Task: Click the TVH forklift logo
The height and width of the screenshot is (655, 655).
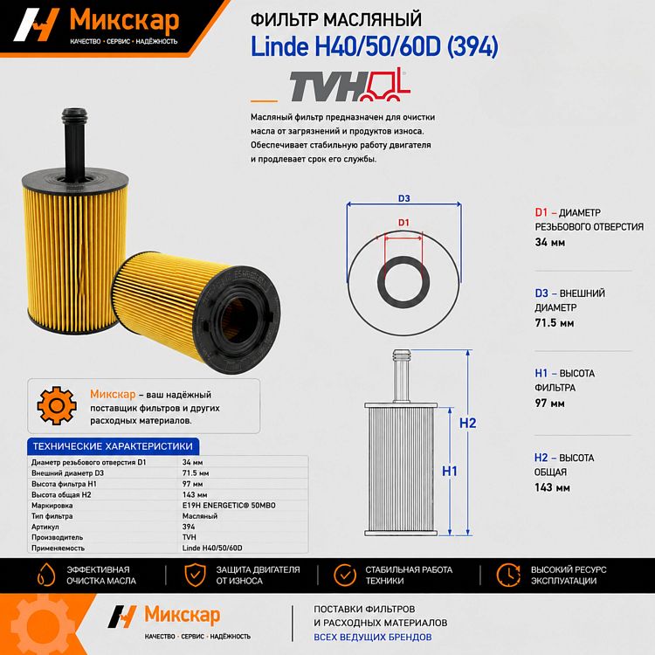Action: tap(350, 86)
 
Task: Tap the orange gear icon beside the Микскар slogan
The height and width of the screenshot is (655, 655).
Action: tap(57, 405)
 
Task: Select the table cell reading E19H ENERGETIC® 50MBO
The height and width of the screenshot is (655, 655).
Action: tap(229, 506)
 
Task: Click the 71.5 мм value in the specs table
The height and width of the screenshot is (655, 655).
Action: tap(196, 473)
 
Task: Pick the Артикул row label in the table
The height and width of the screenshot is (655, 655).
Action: tap(45, 527)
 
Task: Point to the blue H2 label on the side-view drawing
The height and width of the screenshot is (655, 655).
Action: tap(467, 424)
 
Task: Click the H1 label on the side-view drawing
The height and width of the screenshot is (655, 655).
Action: tap(450, 472)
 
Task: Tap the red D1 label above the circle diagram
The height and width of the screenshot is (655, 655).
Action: tap(403, 223)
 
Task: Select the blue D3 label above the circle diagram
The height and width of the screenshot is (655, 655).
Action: tap(404, 198)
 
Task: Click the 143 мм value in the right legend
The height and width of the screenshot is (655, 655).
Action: tap(552, 487)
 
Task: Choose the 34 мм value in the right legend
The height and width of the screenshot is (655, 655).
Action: tap(549, 242)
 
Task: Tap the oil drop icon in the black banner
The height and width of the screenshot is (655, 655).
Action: tap(46, 575)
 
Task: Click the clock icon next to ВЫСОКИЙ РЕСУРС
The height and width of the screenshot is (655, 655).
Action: tap(508, 575)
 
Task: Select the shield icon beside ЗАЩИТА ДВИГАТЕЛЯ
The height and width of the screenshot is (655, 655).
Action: tap(195, 575)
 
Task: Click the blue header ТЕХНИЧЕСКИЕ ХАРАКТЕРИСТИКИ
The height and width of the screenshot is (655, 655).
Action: tap(113, 446)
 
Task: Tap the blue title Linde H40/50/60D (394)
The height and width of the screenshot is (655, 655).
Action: tap(375, 46)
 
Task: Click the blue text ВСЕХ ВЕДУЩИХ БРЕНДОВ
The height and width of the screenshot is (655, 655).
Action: tap(373, 637)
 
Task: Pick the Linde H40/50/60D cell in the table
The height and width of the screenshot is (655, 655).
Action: tap(212, 548)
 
